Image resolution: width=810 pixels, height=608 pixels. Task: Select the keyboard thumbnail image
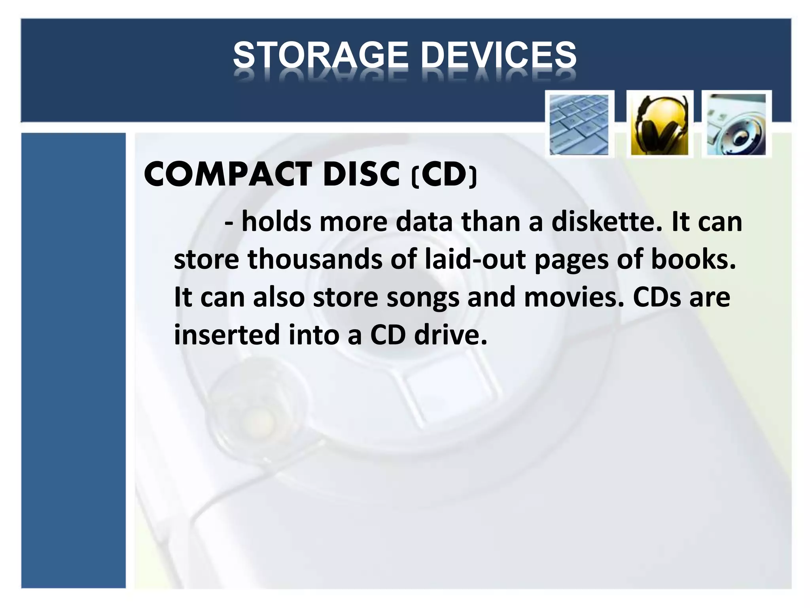[579, 124]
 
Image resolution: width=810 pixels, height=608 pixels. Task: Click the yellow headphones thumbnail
[659, 124]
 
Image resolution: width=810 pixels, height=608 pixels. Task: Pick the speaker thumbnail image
[736, 124]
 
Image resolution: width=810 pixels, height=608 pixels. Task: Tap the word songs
[422, 298]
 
